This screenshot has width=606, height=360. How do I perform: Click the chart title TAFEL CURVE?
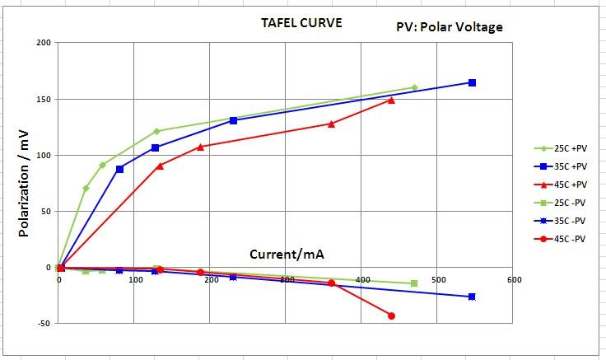coord(296,23)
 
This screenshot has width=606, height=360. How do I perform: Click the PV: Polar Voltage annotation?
coord(449,27)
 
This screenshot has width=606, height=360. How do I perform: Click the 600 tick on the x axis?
coord(514,280)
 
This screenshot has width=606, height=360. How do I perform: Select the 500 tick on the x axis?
coord(438,280)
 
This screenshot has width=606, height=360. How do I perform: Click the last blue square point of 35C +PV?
coord(472,82)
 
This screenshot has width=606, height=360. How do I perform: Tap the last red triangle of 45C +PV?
coord(391,100)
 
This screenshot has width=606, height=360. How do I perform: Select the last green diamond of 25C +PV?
coord(414,87)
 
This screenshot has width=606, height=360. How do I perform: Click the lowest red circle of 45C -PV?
coord(391,316)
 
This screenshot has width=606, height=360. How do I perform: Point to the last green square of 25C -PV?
coord(413,283)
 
